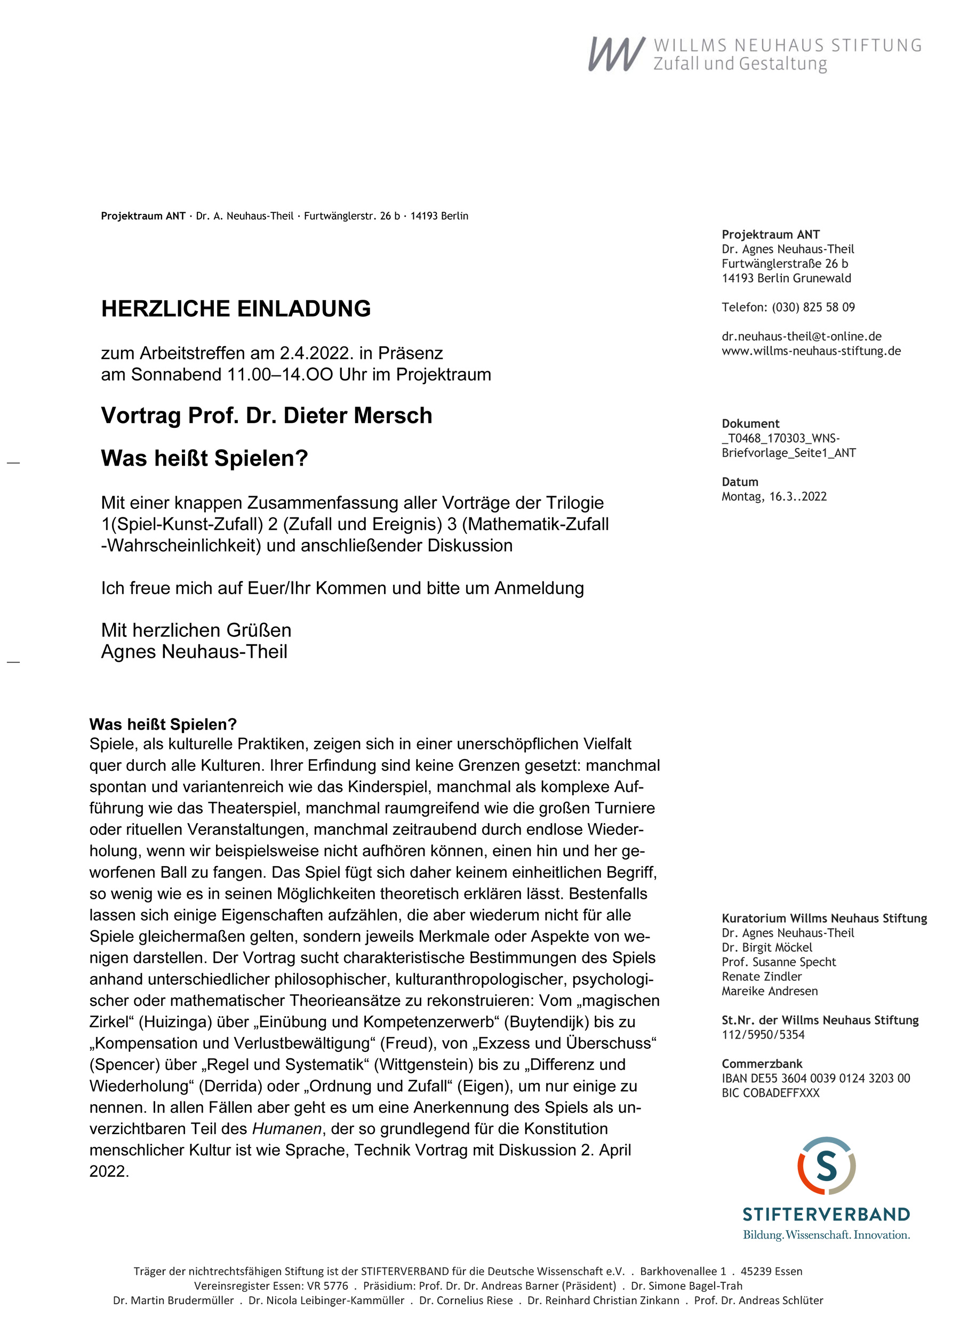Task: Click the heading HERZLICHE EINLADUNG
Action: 236,308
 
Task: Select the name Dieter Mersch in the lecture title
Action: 357,416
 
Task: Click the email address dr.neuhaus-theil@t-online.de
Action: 801,337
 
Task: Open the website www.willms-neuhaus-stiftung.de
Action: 811,351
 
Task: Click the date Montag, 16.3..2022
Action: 774,497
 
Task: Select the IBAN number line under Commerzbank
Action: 815,1079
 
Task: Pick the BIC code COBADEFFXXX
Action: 770,1093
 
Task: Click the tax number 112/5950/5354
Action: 763,1035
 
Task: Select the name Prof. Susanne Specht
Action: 778,962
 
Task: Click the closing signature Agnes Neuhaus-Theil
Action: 194,651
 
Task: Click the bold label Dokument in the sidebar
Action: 750,424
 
